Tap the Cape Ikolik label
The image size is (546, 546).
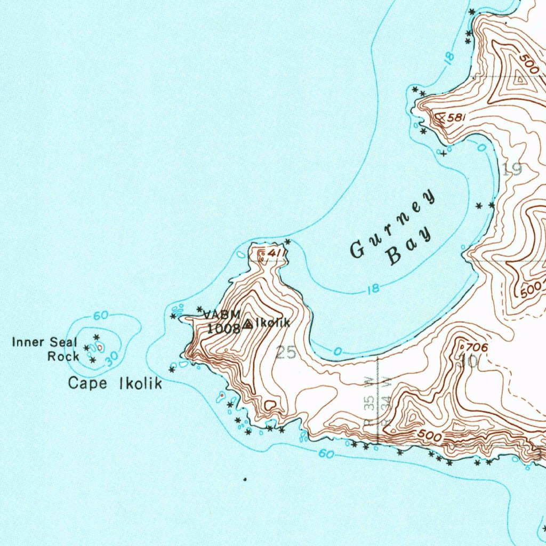[115, 383]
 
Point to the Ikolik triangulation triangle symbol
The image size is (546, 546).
[248, 324]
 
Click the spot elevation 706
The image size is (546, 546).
[478, 348]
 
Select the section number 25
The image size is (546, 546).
[286, 352]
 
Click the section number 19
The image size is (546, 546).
[512, 170]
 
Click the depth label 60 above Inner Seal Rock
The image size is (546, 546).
[101, 316]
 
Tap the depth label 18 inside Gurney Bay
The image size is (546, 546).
[374, 290]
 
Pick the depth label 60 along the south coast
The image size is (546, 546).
[327, 454]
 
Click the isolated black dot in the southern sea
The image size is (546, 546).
[245, 479]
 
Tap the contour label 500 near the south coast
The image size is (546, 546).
[430, 437]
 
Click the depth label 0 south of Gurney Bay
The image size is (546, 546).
[337, 351]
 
